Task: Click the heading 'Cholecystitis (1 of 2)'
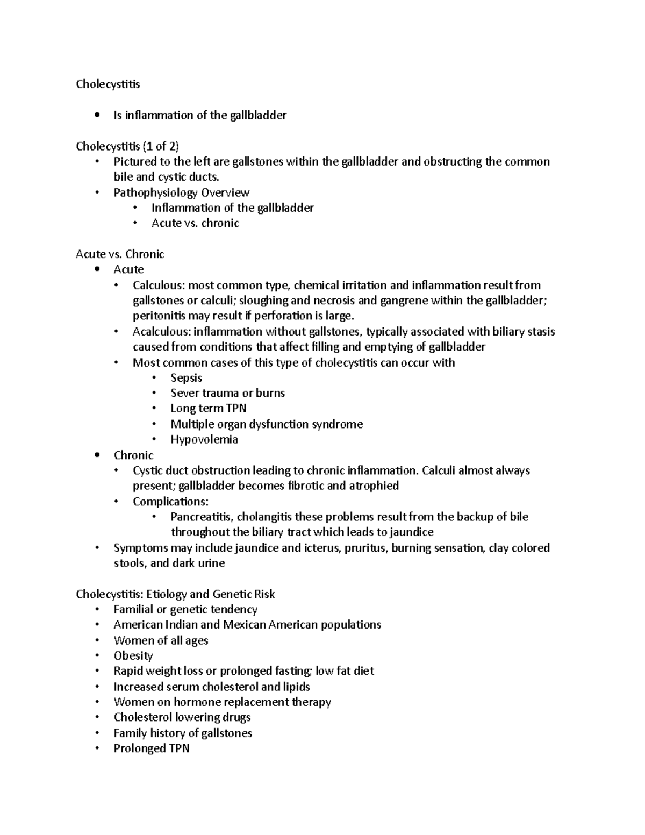tap(127, 146)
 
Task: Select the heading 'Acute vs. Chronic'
tap(120, 254)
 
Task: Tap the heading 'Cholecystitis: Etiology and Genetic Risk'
tap(175, 594)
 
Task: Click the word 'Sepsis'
tap(186, 377)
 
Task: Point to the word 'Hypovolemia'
tap(204, 439)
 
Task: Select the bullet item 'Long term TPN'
tap(209, 408)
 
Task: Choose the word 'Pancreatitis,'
tap(202, 517)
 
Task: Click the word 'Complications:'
tap(170, 502)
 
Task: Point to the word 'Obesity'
tap(133, 655)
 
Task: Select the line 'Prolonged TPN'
tap(152, 748)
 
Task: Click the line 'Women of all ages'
tap(161, 640)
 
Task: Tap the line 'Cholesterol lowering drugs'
tap(182, 717)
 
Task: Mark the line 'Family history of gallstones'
tap(183, 733)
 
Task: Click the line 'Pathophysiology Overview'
tap(181, 192)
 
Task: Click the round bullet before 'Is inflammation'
tap(97, 115)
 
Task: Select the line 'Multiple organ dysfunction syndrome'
tap(267, 424)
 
